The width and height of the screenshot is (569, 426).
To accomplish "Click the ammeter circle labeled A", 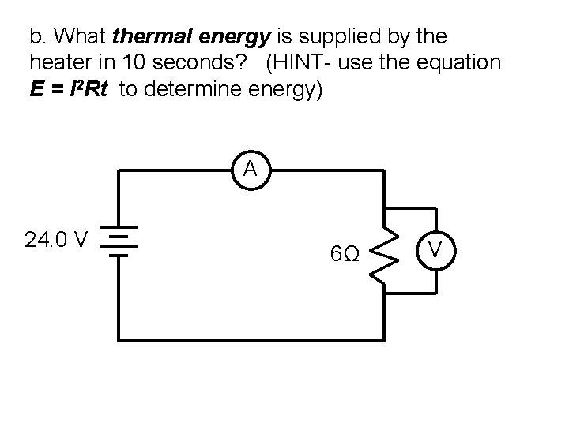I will pos(250,169).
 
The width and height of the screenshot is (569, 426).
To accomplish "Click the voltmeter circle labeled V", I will pos(434,252).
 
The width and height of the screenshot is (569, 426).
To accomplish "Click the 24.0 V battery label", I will pos(56,240).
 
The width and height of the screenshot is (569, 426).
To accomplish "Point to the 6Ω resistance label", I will pos(346,255).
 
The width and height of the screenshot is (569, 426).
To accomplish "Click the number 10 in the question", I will pos(125,62).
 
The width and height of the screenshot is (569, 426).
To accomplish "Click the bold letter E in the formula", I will pos(36,88).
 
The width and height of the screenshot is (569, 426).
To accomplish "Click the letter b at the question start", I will pos(35,37).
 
